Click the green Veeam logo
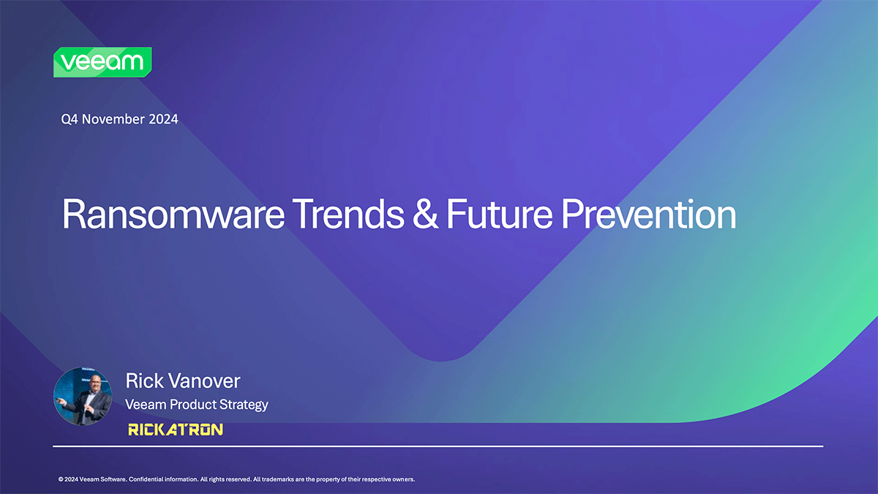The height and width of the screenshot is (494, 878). coord(102,62)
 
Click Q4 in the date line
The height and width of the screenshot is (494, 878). coord(70,119)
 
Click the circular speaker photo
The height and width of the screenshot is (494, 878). coord(83,397)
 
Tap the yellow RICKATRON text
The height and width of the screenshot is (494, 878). coord(176,430)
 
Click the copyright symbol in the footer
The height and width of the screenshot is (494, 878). coord(61,479)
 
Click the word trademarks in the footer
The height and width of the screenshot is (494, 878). coord(278,479)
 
